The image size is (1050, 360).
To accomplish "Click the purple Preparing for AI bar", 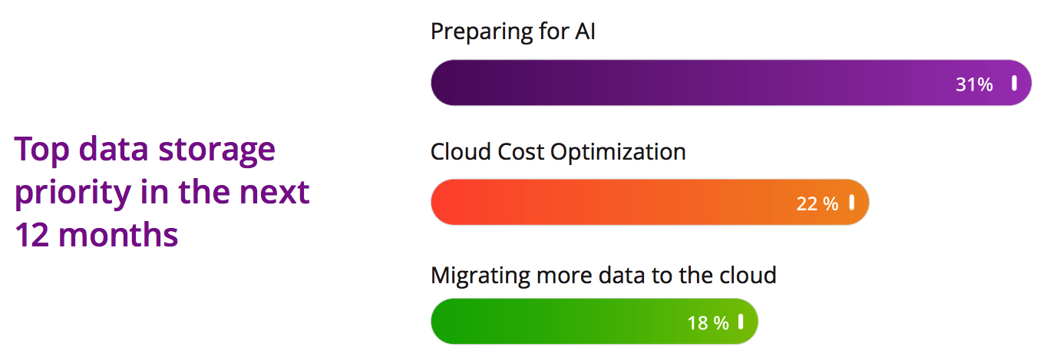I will tap(691, 83).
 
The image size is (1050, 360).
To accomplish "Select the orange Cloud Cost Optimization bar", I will tap(614, 203).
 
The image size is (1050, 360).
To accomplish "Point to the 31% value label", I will tap(974, 84).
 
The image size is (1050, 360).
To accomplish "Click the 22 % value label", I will tap(817, 204).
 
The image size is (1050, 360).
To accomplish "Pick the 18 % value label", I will tap(708, 323).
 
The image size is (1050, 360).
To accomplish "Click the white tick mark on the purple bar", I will tap(1014, 83).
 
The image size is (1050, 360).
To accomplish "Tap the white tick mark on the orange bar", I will tap(851, 202).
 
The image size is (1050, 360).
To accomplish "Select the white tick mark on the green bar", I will tap(741, 321).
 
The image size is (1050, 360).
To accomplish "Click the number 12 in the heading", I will tap(31, 234).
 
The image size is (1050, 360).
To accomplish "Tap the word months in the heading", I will tap(118, 234).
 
